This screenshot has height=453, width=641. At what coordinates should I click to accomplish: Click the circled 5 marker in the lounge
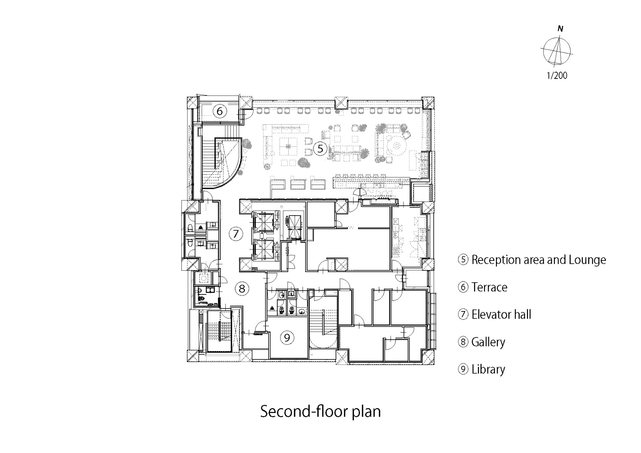320,148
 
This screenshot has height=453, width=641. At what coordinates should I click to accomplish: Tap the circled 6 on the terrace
219,111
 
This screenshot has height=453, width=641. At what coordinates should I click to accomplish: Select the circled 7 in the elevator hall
236,234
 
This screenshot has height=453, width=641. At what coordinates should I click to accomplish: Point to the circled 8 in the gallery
242,288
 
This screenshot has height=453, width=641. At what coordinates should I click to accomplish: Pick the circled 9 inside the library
287,338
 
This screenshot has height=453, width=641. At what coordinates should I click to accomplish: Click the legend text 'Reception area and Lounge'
539,260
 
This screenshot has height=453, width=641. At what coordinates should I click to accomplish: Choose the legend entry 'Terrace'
489,287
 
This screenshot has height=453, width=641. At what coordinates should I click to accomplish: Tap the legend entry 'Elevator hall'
501,314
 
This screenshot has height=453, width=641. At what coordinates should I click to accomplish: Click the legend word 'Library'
488,370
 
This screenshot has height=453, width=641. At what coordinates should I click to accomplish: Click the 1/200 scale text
557,75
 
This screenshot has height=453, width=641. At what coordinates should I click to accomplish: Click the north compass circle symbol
557,51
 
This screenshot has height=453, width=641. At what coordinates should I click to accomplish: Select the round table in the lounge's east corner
397,146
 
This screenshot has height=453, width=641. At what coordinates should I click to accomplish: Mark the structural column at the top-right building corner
428,102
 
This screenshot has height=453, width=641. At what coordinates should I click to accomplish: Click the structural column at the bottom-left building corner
193,356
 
